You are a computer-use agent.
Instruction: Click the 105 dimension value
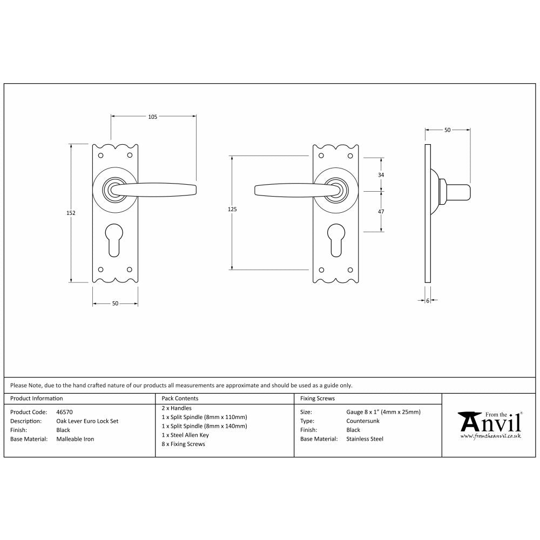[x=152, y=117]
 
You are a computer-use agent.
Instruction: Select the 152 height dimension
[x=71, y=213]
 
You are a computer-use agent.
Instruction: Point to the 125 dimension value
[x=232, y=208]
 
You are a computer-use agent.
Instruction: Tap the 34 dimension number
[x=381, y=175]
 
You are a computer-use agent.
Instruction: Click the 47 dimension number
[x=381, y=212]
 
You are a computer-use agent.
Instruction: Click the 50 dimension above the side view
[x=447, y=130]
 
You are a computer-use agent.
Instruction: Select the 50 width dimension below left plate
[x=115, y=304]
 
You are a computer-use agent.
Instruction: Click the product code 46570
[x=65, y=412]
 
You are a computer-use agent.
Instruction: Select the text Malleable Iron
[x=75, y=439]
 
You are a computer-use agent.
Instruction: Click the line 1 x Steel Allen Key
[x=185, y=435]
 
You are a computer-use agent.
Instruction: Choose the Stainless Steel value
[x=364, y=439]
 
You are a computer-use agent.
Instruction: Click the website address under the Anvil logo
[x=490, y=435]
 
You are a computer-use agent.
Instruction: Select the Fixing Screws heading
[x=317, y=399]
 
